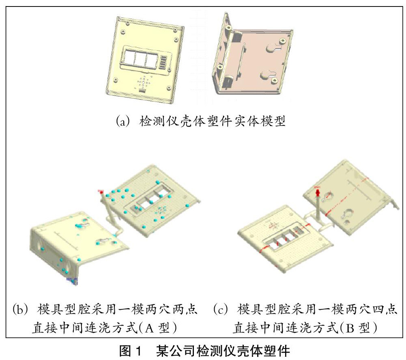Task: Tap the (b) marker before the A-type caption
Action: coord(20,310)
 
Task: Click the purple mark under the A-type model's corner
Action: coord(73,280)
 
